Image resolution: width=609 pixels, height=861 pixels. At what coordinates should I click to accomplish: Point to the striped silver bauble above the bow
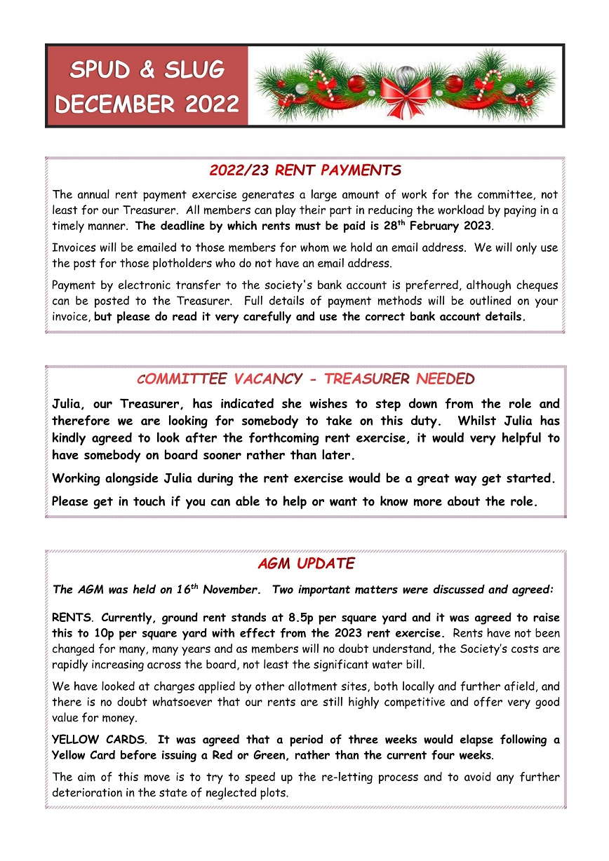click(x=406, y=72)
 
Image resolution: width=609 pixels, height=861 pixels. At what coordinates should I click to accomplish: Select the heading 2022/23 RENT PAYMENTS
click(x=304, y=170)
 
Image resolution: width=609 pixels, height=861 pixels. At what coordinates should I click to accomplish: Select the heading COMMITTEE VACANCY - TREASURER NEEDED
click(x=304, y=379)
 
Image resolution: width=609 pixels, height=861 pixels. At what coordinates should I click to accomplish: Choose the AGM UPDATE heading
click(x=305, y=564)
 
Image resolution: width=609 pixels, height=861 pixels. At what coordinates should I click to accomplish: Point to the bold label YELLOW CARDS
click(x=99, y=740)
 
